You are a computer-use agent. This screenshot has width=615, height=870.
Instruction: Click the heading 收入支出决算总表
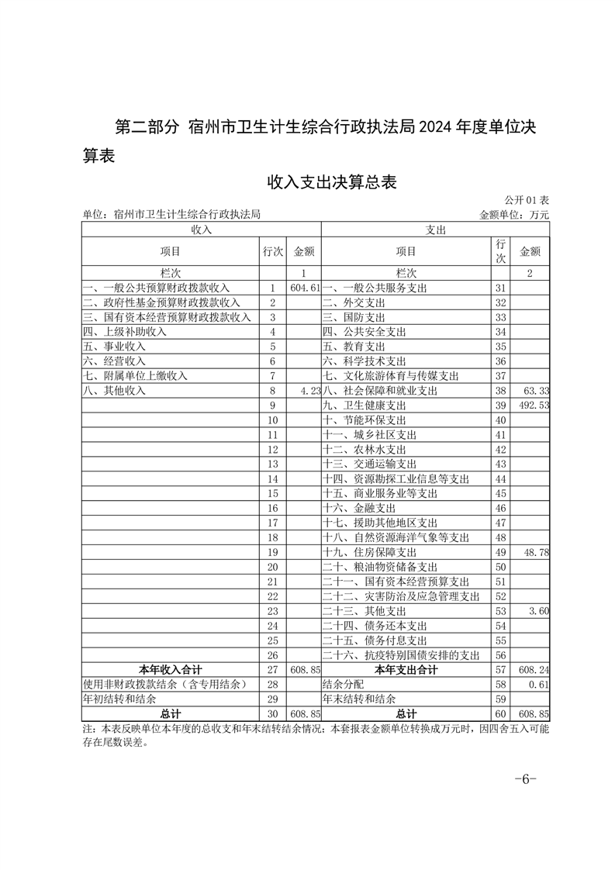pos(332,182)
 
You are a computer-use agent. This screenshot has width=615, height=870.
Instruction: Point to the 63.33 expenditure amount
pos(536,391)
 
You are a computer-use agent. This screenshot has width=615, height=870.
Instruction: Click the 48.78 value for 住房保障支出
pos(536,552)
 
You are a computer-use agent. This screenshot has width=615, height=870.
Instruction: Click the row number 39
pos(500,406)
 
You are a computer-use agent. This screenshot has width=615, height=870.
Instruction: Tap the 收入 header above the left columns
pos(201,230)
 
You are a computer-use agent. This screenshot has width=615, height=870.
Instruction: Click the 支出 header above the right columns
pos(435,230)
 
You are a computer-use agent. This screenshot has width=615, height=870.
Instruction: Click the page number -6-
pos(525,779)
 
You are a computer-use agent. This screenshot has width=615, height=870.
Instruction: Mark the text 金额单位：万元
pos(514,215)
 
